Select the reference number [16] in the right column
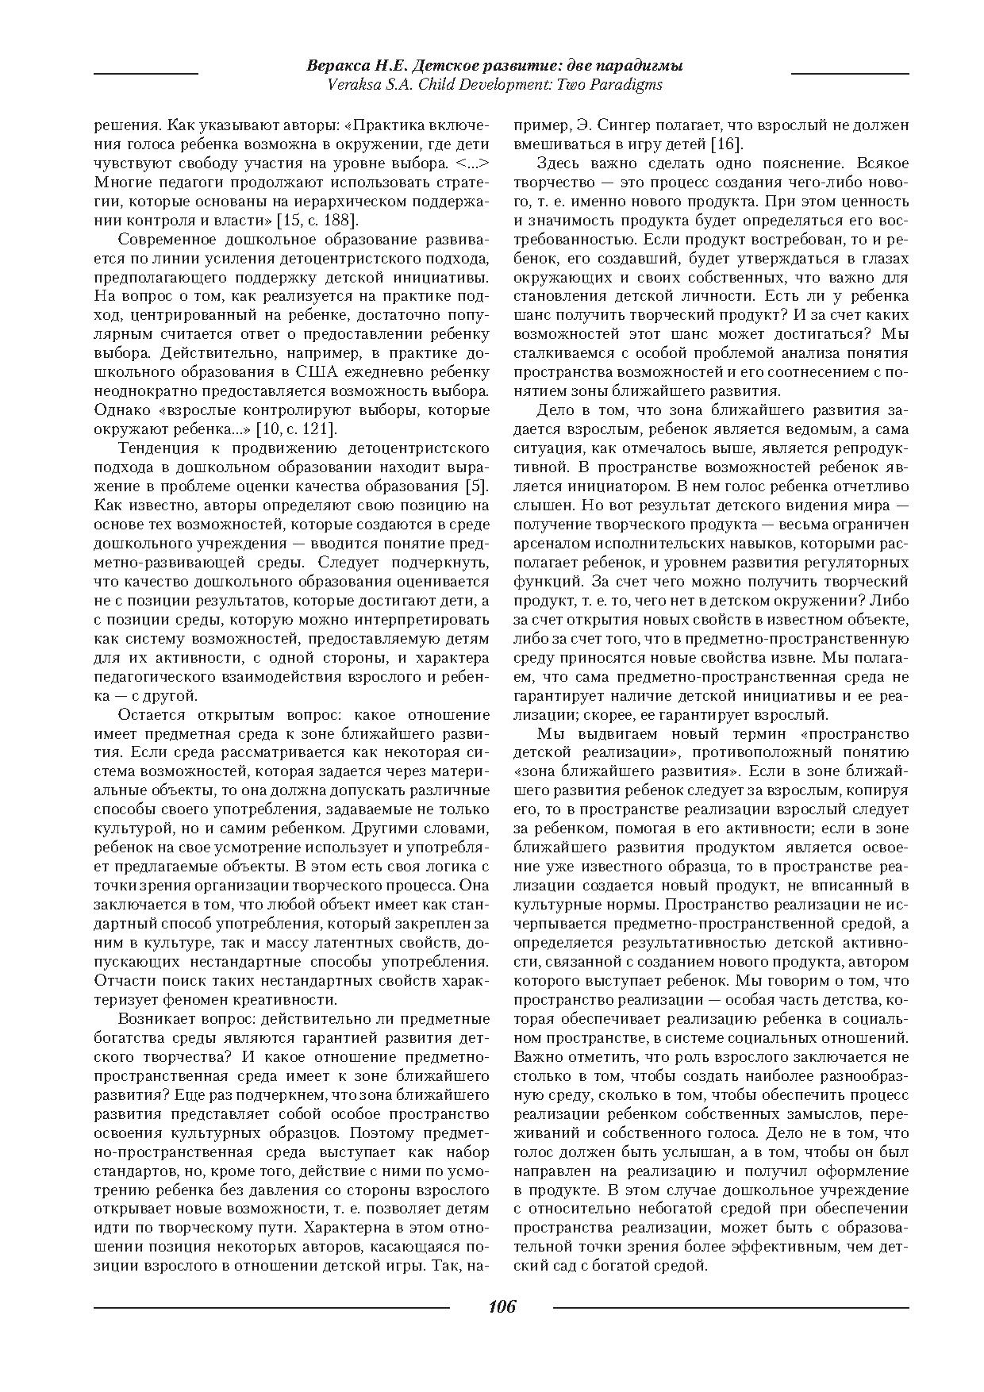pyautogui.click(x=725, y=144)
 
